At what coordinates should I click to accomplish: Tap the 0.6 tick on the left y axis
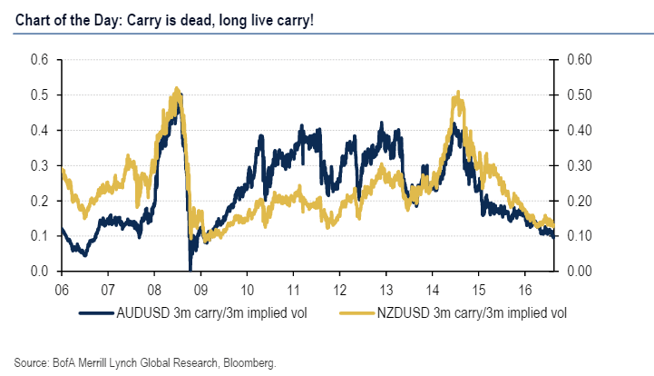click(41, 60)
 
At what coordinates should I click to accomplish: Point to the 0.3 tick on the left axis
click(41, 165)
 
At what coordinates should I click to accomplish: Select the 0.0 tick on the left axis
click(41, 272)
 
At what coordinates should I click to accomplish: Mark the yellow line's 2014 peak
click(459, 92)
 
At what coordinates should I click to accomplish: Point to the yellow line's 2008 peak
click(176, 89)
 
